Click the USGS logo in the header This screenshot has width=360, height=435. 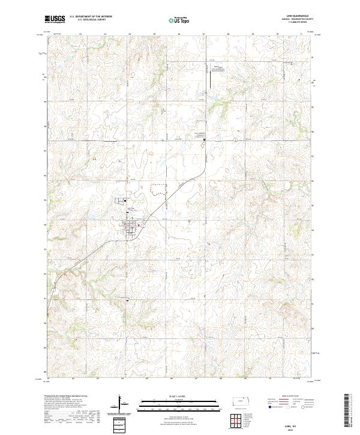[55, 19]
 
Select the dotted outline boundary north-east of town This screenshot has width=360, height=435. [157, 188]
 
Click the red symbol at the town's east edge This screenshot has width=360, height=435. [139, 226]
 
